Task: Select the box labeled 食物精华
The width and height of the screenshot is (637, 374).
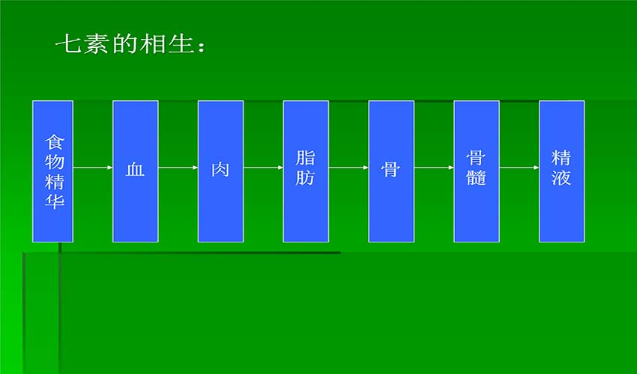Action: [52, 171]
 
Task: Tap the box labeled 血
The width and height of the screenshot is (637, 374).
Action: [136, 171]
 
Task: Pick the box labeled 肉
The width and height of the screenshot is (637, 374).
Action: [220, 171]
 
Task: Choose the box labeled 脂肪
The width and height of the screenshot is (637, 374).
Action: [306, 171]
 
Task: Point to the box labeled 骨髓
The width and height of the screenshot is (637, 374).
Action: [477, 171]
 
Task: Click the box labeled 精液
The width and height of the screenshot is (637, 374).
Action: [562, 171]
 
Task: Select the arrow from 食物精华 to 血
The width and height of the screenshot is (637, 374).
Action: [93, 167]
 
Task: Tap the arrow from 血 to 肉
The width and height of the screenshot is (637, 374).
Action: [178, 167]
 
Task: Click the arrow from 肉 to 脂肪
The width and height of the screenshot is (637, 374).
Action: [264, 167]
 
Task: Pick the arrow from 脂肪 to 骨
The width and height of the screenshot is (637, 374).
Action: [348, 167]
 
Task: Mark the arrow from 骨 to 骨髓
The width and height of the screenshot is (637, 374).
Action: [434, 167]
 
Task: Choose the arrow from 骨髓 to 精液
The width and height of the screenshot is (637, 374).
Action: [519, 167]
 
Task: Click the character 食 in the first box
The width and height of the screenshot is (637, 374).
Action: [55, 142]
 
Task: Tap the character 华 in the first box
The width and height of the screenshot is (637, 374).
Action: [55, 200]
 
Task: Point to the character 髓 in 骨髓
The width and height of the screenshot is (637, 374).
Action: [476, 177]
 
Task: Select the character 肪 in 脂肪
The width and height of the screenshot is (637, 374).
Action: [305, 177]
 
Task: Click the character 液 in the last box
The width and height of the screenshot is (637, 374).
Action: [561, 177]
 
